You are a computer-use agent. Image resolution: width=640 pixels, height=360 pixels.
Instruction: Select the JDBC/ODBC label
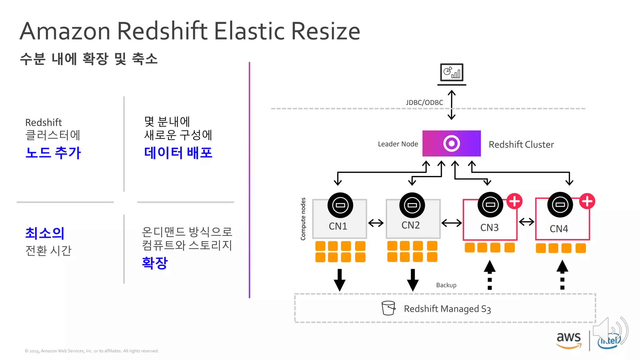coord(424,102)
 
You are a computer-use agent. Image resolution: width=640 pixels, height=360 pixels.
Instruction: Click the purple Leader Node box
coord(451,143)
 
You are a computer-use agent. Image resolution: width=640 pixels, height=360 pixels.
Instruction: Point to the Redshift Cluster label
coord(521,144)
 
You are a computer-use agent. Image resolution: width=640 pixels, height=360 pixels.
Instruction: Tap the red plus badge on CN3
coord(514,201)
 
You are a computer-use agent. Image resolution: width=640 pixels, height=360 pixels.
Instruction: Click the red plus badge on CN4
coord(587,201)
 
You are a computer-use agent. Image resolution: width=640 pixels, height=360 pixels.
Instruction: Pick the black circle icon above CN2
coord(412,205)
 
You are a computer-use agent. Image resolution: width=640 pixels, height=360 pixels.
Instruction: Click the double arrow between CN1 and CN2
coord(376,223)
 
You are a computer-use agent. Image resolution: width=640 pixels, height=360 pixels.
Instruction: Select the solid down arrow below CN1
coord(339,280)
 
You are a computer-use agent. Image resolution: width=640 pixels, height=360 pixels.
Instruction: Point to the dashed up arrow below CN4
coord(562,275)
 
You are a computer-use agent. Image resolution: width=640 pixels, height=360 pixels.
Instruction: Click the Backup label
coord(446,285)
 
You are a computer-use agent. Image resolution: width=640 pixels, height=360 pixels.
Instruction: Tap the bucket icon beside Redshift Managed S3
coord(388,308)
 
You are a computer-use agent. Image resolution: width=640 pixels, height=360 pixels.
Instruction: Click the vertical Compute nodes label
coord(303,219)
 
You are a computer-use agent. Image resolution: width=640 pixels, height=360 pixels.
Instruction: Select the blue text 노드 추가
coord(53,153)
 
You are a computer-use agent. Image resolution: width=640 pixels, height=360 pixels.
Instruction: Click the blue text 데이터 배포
coord(178,153)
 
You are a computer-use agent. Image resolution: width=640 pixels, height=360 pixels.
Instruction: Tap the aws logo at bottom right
coord(569,340)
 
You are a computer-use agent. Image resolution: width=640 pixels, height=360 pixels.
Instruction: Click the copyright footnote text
coord(92,351)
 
